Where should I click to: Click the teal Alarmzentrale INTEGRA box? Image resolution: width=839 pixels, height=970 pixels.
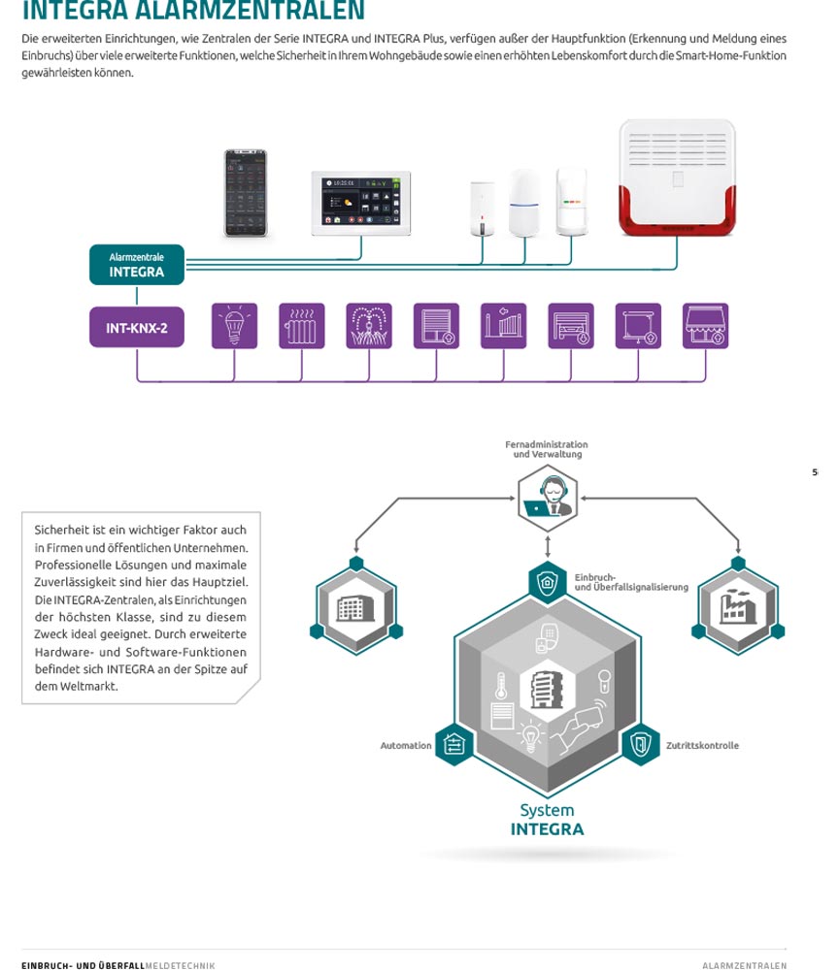[x=136, y=265]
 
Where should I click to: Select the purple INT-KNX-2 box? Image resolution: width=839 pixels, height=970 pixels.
[x=136, y=328]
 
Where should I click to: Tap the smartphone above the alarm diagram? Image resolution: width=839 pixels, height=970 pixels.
[x=245, y=193]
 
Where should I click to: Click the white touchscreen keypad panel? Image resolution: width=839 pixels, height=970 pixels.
[x=360, y=203]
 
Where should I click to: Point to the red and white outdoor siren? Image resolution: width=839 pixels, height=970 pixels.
[x=677, y=178]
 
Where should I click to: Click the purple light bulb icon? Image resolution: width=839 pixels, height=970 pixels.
[x=234, y=326]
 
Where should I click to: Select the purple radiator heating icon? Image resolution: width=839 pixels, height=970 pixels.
[x=302, y=326]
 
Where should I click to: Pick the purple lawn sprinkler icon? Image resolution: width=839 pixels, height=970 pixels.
[x=369, y=326]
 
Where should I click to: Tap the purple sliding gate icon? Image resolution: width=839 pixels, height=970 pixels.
[x=503, y=326]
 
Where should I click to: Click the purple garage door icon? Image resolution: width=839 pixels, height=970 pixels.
[x=571, y=326]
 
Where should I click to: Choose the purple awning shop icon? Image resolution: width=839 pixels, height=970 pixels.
[x=706, y=326]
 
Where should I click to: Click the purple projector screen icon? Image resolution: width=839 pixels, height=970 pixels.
[x=638, y=326]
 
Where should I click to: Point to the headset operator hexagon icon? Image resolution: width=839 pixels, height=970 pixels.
[x=548, y=499]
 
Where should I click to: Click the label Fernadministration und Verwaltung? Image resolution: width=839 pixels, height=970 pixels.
[x=547, y=449]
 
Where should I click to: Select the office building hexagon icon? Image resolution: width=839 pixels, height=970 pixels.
[x=355, y=608]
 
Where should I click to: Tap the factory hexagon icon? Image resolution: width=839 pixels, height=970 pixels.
[x=738, y=608]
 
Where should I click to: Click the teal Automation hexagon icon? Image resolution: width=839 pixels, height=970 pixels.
[x=454, y=745]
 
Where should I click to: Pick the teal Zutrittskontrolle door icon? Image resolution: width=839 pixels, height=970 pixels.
[x=640, y=745]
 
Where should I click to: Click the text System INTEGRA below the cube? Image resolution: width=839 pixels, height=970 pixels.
[x=547, y=820]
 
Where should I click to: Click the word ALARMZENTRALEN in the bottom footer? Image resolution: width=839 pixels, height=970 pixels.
[x=744, y=965]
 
